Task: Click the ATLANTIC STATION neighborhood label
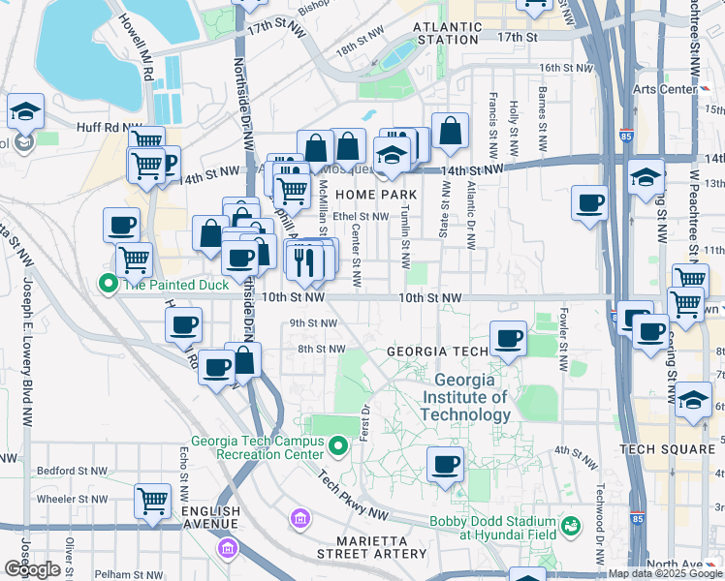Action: click(x=446, y=33)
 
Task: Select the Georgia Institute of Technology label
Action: click(x=471, y=397)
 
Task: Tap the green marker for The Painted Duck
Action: click(x=108, y=284)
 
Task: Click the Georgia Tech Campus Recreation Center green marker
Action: click(x=338, y=446)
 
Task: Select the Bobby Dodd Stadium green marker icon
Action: click(x=572, y=526)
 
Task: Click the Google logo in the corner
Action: click(x=32, y=569)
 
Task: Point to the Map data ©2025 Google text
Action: click(x=665, y=573)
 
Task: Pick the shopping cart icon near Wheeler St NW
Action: click(x=152, y=503)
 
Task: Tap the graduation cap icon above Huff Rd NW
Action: click(x=25, y=111)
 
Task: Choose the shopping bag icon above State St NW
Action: click(x=451, y=132)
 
